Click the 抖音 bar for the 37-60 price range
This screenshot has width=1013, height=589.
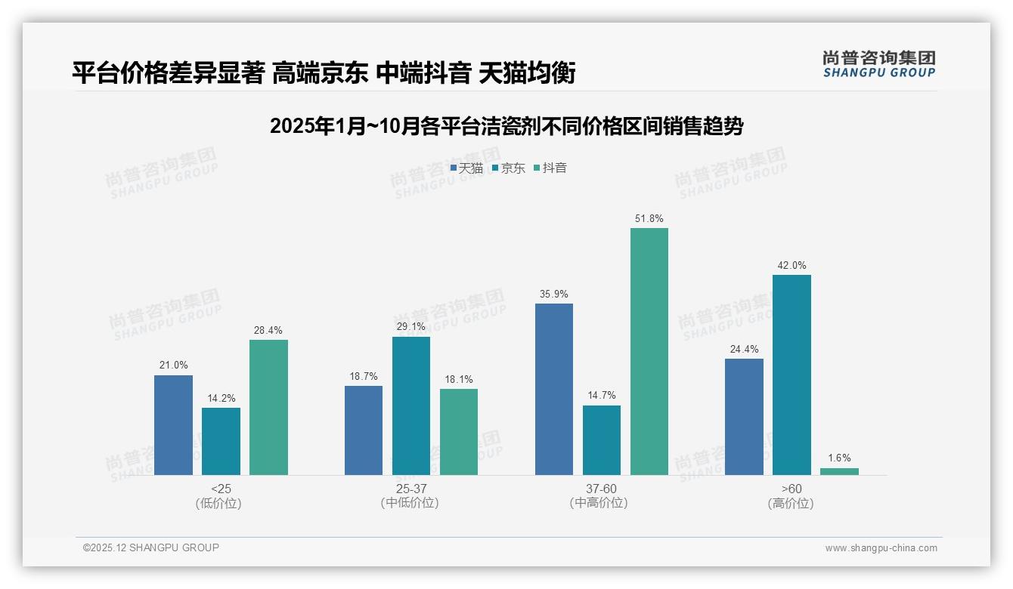(649, 351)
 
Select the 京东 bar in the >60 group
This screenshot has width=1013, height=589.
(792, 375)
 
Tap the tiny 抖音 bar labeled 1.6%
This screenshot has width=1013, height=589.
(839, 471)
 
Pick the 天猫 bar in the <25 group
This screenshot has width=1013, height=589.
(173, 425)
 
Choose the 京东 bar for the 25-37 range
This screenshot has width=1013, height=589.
(411, 406)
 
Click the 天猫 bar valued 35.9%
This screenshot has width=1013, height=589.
(554, 389)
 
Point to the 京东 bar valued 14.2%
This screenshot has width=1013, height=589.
(221, 441)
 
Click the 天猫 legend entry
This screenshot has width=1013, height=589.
(466, 168)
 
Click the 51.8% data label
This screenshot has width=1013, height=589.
(649, 219)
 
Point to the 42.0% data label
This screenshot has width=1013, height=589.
(792, 266)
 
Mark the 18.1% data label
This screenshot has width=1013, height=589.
(459, 380)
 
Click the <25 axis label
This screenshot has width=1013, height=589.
(221, 489)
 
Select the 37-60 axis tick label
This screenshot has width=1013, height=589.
(601, 489)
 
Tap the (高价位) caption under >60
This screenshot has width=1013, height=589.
(792, 504)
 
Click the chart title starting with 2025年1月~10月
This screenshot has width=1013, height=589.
(506, 126)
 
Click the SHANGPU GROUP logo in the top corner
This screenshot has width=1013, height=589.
(879, 64)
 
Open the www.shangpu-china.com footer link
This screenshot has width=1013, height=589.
(881, 548)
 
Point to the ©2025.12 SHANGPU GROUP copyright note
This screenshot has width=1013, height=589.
(151, 547)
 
